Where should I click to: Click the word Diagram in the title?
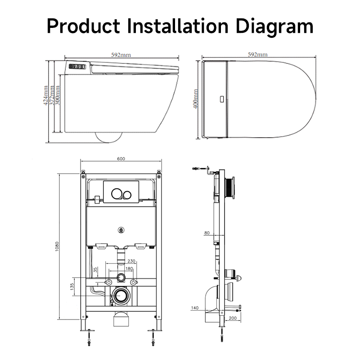coord(274,27)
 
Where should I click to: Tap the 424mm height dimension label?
coord(46,95)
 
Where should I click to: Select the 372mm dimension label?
coord(52,95)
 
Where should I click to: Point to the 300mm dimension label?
coord(58,95)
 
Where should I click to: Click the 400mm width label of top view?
coord(196,99)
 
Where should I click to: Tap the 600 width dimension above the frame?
coord(121,159)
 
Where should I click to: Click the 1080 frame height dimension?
coord(57,246)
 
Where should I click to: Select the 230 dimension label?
coord(131,261)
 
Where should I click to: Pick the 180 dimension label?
coord(129,268)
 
